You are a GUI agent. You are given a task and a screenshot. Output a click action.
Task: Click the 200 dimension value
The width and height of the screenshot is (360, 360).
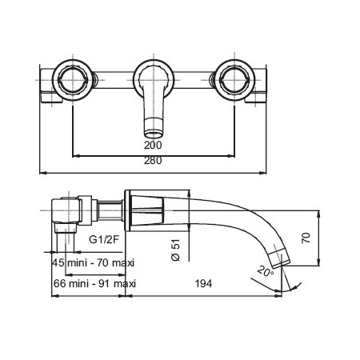[153, 145]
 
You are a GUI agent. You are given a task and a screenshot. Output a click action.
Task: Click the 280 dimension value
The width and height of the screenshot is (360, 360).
[153, 161]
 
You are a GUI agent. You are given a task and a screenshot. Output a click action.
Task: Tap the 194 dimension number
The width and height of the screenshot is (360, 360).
[203, 283]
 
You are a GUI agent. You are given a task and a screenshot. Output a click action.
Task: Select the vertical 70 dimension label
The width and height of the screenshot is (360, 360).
[306, 238]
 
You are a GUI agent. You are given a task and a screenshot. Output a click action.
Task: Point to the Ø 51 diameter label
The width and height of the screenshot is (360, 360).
[176, 250]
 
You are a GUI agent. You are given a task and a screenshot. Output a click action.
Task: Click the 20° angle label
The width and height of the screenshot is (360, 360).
[266, 271]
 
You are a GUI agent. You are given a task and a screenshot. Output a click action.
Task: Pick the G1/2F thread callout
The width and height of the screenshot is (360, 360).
[104, 239]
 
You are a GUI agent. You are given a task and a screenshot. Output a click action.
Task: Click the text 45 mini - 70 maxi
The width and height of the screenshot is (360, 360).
[94, 263]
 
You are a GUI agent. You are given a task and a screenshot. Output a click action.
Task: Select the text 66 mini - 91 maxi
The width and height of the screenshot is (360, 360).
[94, 283]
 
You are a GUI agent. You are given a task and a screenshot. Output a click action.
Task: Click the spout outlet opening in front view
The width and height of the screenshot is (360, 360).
[154, 133]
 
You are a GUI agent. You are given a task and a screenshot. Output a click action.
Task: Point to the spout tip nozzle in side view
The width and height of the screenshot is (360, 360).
[279, 258]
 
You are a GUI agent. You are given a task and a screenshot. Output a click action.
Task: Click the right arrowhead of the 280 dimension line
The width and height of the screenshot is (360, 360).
[263, 173]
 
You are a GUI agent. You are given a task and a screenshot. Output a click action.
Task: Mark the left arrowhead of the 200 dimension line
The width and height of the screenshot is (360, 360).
[76, 156]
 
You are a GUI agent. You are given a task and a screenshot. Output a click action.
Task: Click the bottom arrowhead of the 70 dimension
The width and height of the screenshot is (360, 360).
[319, 262]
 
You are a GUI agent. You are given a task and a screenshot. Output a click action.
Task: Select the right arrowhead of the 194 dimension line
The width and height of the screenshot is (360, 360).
[278, 295]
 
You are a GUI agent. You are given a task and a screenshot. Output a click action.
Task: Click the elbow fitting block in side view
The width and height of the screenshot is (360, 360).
[66, 210]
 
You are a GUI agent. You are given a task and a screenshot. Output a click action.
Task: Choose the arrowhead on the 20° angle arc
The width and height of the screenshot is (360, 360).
[294, 287]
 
